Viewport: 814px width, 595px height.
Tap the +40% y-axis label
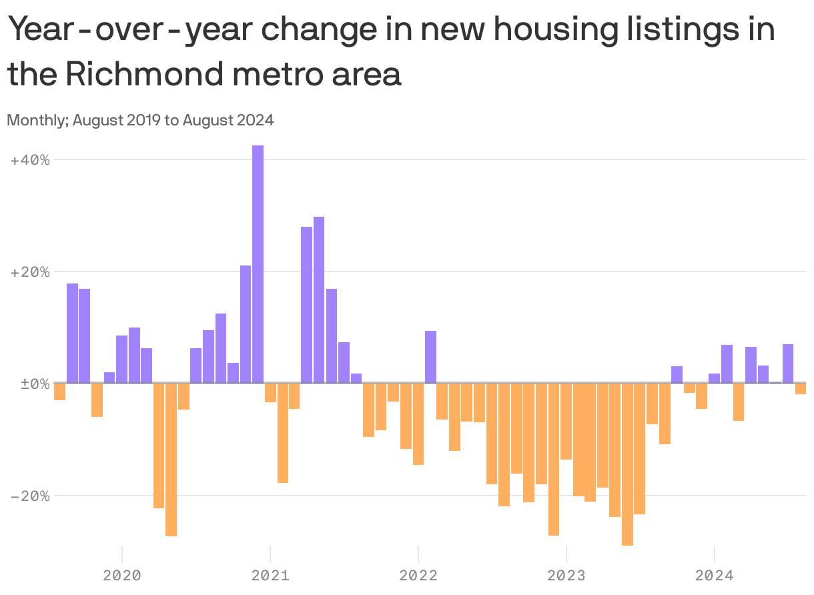pyautogui.click(x=31, y=160)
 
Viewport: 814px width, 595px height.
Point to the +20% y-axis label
pyautogui.click(x=31, y=272)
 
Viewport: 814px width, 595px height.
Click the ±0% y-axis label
pyautogui.click(x=31, y=384)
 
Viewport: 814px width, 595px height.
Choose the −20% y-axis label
pyautogui.click(x=31, y=496)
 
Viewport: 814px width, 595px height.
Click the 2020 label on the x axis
pyautogui.click(x=122, y=575)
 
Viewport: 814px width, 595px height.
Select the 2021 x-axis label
pyautogui.click(x=270, y=575)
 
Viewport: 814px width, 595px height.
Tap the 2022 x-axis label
pyautogui.click(x=418, y=575)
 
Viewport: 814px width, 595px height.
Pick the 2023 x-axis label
pyautogui.click(x=566, y=575)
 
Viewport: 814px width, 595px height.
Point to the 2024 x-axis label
pyautogui.click(x=715, y=575)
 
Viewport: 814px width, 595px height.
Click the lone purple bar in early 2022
pyautogui.click(x=431, y=357)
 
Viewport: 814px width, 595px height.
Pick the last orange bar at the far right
pyautogui.click(x=801, y=389)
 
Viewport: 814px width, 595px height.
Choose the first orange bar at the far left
pyautogui.click(x=60, y=392)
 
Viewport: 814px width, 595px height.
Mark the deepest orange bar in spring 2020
pyautogui.click(x=171, y=460)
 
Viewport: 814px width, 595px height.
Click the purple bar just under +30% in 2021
pyautogui.click(x=319, y=300)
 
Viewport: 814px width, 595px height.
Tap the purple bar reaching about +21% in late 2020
pyautogui.click(x=246, y=324)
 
